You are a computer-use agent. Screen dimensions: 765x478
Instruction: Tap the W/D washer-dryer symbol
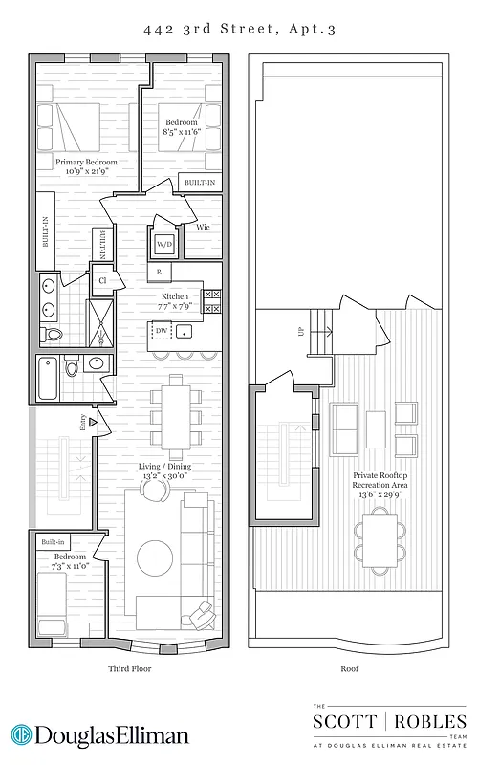(x=164, y=244)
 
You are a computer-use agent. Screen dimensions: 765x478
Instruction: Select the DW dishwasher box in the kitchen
(x=162, y=331)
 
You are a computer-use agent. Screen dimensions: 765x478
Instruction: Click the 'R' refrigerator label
(x=159, y=272)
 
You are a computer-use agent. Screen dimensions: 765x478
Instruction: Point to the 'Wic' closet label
(x=203, y=228)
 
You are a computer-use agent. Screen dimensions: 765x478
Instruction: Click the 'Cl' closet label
(x=102, y=280)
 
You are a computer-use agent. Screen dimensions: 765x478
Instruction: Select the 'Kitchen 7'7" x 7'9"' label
(x=175, y=302)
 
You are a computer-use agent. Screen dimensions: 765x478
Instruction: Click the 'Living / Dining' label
(x=165, y=466)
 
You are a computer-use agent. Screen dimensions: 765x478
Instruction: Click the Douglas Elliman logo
(x=100, y=735)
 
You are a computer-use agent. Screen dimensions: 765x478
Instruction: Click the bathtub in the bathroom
(x=46, y=378)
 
